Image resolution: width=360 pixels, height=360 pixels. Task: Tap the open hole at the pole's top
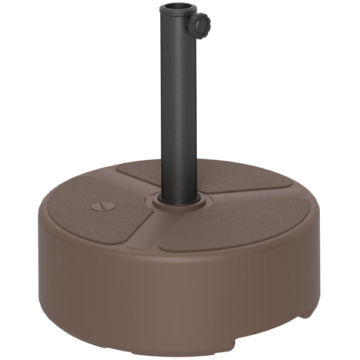tap(178, 9)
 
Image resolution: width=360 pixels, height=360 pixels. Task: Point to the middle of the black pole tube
tap(179, 108)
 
